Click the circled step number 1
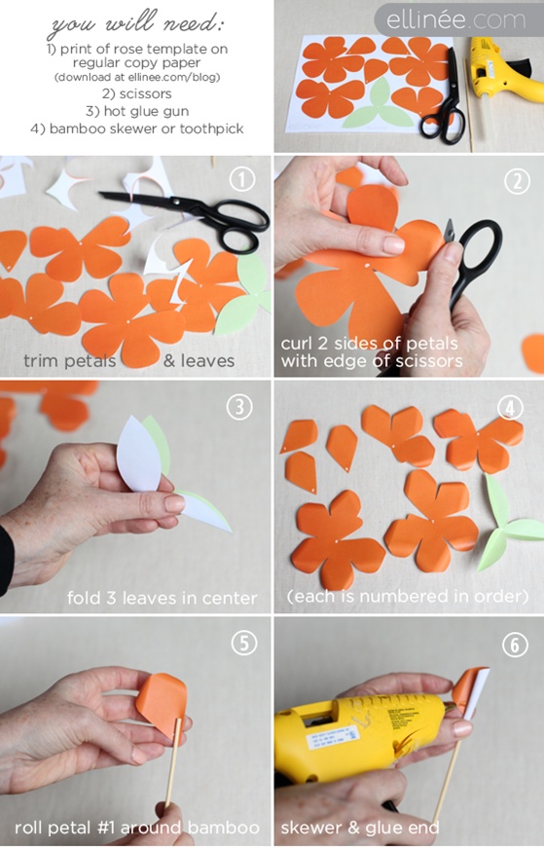click(x=241, y=179)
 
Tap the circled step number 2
click(x=517, y=181)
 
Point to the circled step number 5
click(x=244, y=643)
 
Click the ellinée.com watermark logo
click(x=455, y=20)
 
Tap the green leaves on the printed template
click(x=380, y=106)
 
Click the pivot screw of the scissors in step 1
click(x=175, y=202)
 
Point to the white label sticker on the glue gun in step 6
click(x=332, y=737)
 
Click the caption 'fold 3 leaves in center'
click(x=162, y=598)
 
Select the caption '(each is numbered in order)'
click(x=408, y=596)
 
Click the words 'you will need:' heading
click(x=137, y=24)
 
